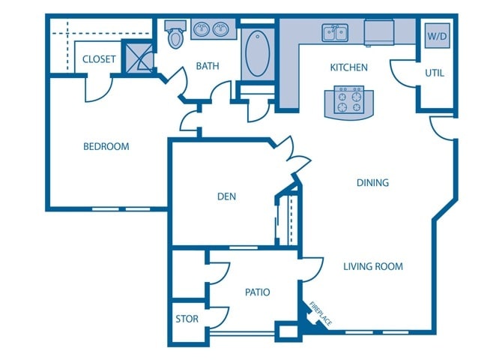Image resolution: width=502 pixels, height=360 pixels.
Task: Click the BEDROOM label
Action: coord(106,146)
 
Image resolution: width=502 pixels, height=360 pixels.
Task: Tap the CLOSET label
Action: coord(99,59)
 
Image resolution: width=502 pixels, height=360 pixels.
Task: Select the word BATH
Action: coord(208,66)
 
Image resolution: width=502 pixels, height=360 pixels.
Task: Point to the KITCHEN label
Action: coord(349,67)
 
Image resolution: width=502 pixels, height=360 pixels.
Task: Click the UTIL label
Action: coord(435,73)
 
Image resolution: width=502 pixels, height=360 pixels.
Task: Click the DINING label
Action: coord(372,182)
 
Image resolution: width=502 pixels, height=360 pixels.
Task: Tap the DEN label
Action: coord(226,196)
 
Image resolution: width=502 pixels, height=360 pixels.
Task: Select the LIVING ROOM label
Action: coord(373,266)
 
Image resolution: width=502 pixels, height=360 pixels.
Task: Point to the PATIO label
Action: coord(257,292)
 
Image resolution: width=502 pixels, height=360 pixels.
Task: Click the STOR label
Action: coord(187,319)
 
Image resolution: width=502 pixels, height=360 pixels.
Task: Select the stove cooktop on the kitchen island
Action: coord(348,101)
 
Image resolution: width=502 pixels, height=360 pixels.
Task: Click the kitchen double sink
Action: coord(335,32)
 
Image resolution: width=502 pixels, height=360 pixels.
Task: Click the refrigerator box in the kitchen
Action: coord(380,33)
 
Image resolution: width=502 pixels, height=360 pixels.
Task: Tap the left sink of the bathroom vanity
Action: coord(202,30)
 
